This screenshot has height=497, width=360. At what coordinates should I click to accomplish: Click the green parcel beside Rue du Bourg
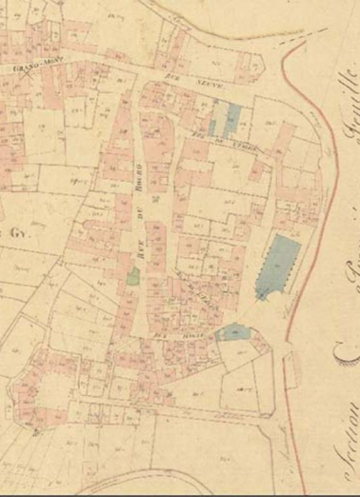(134, 278)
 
